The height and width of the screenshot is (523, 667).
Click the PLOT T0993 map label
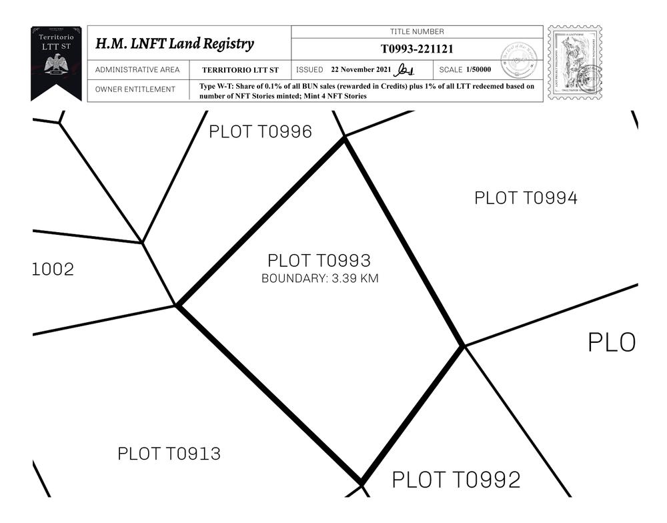point(319,261)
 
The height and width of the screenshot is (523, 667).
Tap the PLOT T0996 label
point(260,132)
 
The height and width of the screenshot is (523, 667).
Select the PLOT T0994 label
point(526,198)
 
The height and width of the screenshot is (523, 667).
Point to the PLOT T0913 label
point(169,454)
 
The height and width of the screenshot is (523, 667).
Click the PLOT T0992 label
point(456,480)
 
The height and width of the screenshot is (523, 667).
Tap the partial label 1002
point(53,270)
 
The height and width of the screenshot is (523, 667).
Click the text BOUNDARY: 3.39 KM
point(319,279)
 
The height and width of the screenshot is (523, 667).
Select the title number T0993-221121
point(417,49)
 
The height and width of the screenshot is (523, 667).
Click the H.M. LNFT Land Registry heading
point(175,44)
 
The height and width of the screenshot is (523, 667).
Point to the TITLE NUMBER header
point(417,31)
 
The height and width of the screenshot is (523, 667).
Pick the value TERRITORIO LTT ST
point(240,70)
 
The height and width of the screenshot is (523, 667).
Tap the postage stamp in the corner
point(574,63)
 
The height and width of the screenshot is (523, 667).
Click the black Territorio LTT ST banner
point(56,61)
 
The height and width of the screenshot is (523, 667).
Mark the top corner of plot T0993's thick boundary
point(344,137)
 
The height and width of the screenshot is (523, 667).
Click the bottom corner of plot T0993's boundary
point(361,482)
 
